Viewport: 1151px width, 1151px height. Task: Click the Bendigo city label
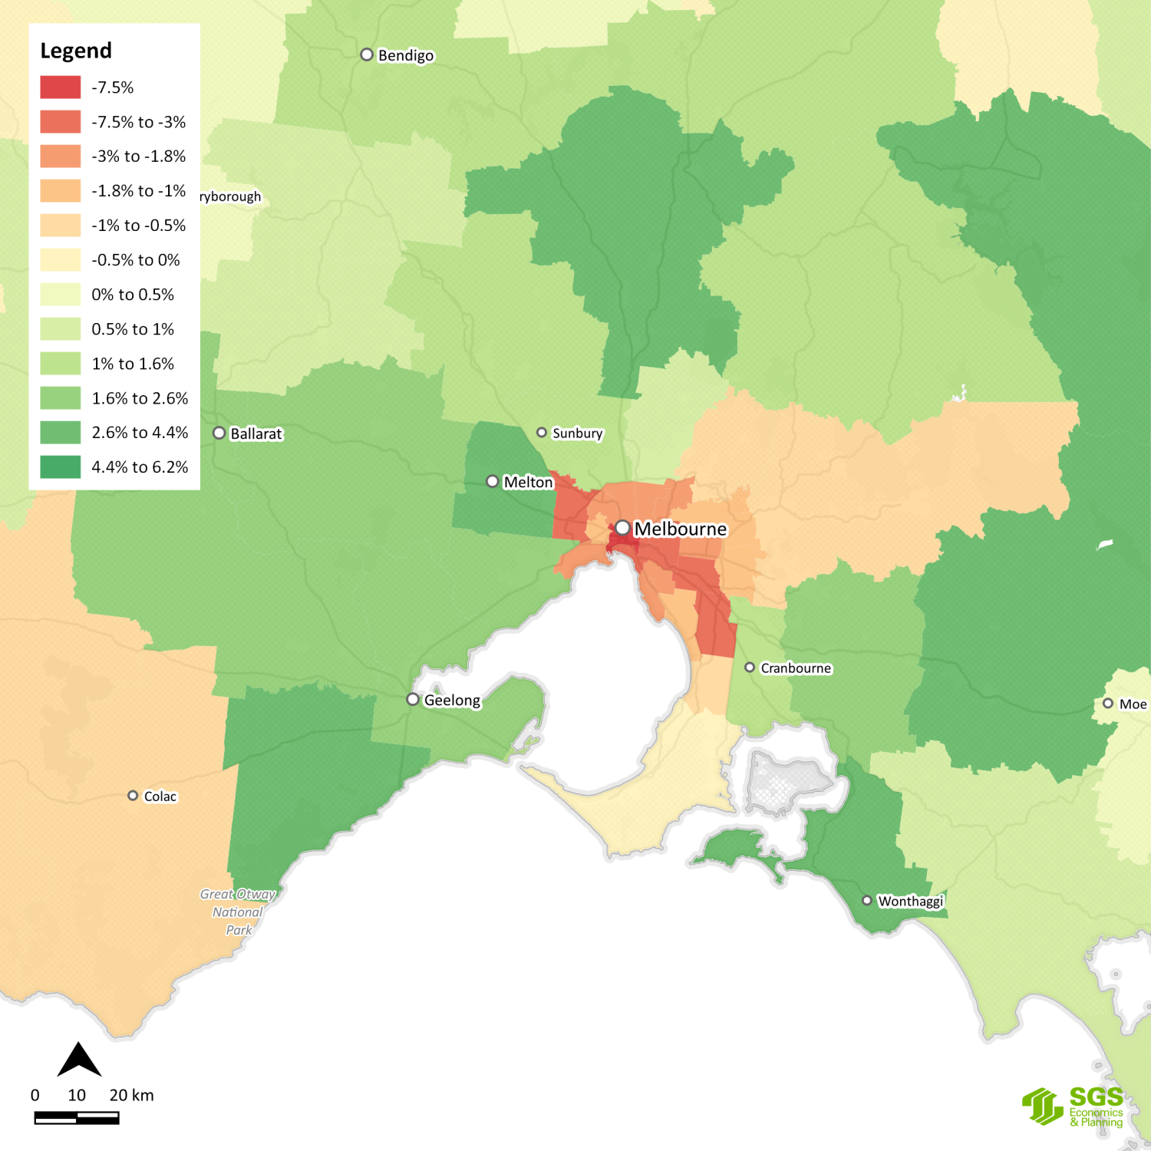406,55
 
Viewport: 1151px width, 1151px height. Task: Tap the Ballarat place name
256,434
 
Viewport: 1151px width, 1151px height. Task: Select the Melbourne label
680,529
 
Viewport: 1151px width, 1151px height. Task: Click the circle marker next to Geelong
413,699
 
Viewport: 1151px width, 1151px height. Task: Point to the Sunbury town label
578,433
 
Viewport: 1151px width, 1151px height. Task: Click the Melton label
528,482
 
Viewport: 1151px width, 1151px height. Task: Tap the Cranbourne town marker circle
750,668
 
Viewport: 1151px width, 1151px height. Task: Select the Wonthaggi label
910,901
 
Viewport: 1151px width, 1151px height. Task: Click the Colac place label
160,796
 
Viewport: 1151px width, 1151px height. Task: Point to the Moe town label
1133,704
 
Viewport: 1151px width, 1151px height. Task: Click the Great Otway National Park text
238,912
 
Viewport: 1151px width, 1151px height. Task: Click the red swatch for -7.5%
61,87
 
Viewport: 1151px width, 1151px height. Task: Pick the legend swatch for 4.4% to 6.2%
61,467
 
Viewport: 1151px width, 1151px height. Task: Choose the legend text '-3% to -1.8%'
138,157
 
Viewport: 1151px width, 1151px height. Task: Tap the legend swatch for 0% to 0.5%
61,295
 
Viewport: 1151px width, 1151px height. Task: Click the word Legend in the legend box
76,51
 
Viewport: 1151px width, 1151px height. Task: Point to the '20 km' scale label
131,1095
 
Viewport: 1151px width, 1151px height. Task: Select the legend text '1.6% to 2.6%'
140,398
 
